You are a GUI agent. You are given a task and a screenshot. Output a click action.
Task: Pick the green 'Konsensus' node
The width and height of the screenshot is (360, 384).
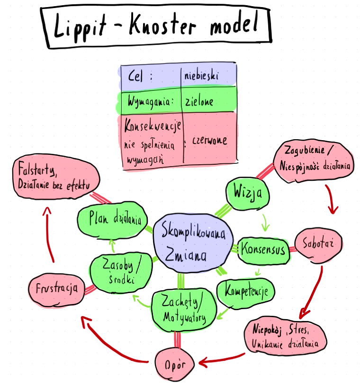[263, 249]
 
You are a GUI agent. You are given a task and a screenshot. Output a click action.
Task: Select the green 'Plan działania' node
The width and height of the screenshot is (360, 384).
[112, 220]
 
